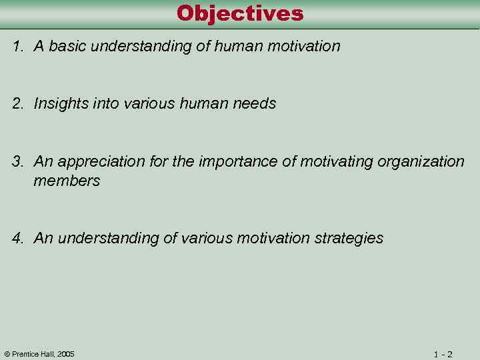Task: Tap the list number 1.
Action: point(17,47)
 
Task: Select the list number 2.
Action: point(17,104)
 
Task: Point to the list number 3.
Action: point(17,162)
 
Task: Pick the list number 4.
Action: point(17,239)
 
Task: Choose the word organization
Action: point(421,162)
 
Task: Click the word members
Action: point(67,181)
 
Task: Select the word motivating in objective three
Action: point(337,162)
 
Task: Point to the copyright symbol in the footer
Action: point(7,354)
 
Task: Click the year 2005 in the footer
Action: point(65,354)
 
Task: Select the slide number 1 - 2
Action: point(443,354)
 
